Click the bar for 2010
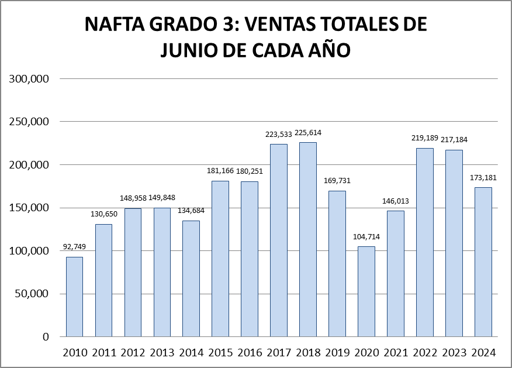tap(74, 297)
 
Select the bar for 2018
tap(307, 239)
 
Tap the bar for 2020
tap(366, 291)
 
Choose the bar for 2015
tap(220, 259)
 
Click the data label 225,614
tap(308, 133)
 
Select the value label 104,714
tap(366, 237)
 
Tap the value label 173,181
tap(483, 178)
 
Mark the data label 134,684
tap(191, 211)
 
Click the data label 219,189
tap(424, 139)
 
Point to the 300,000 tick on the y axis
tap(28, 79)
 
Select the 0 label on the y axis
tap(46, 337)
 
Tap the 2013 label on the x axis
tap(162, 353)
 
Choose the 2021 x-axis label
tap(395, 353)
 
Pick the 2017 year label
tap(279, 353)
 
